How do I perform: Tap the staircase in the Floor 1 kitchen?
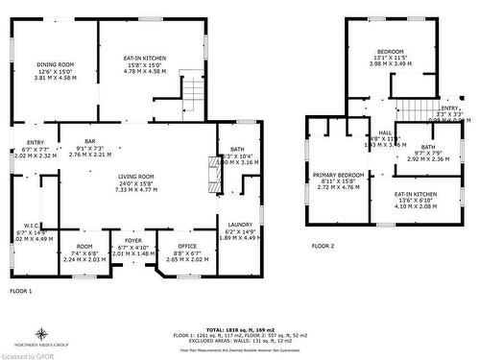click(194, 93)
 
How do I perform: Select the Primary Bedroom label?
click(336, 174)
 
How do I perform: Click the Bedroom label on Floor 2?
click(390, 51)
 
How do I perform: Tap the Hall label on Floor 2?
click(385, 132)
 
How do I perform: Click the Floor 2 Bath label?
click(428, 146)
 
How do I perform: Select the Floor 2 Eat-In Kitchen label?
click(415, 194)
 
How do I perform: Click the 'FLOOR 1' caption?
click(21, 290)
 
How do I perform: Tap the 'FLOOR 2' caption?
click(323, 247)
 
